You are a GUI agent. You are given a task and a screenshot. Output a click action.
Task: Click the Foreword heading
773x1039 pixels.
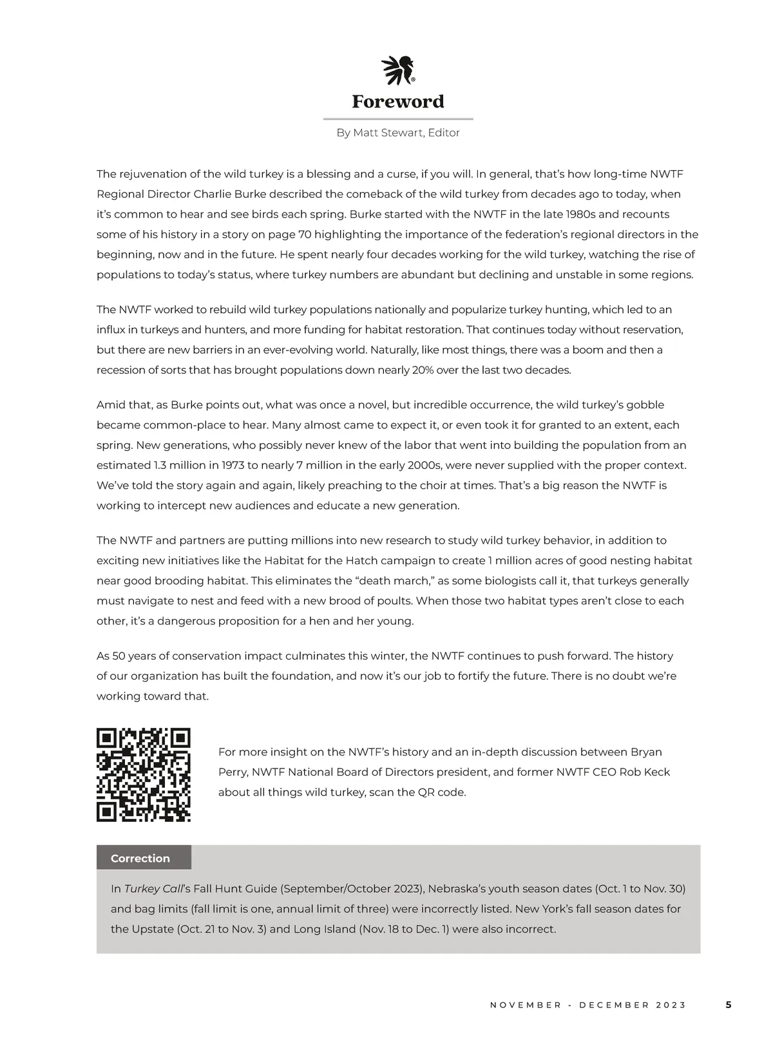[398, 101]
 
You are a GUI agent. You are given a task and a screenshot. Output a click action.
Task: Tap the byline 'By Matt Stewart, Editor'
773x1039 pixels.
[398, 133]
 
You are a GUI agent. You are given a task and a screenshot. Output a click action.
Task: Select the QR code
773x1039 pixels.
[144, 775]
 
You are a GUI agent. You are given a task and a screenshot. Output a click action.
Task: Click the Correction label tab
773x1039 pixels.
[140, 858]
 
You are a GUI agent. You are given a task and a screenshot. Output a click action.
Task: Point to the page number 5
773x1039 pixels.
[729, 1004]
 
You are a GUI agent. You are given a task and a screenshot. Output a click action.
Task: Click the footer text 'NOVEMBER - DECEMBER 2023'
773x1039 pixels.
[588, 1005]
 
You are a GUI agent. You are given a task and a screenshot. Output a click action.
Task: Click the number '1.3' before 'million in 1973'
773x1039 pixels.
[162, 465]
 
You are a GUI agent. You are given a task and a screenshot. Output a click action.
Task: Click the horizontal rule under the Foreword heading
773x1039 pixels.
[398, 119]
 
